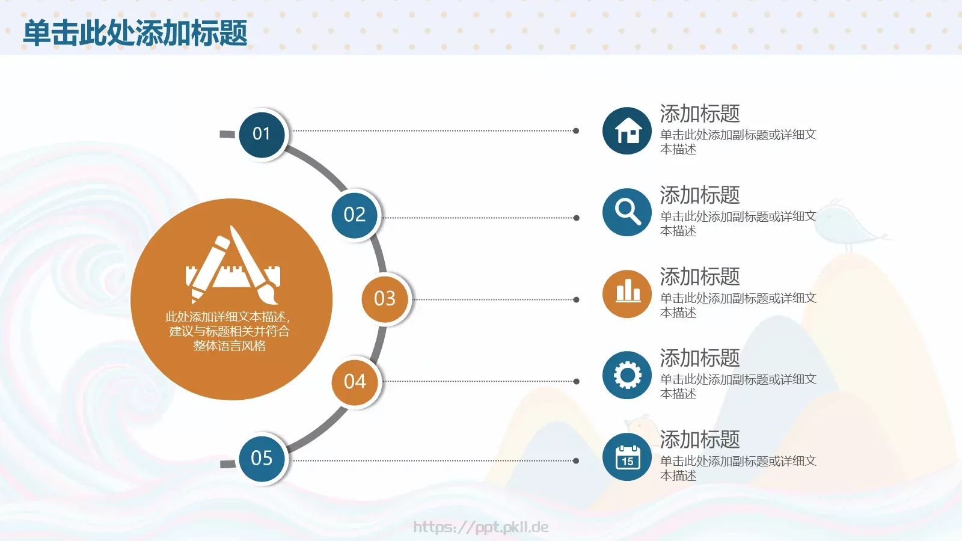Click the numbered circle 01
coord(262,133)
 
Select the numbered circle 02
coord(355,215)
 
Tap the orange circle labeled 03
coord(385,298)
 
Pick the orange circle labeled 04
coord(355,381)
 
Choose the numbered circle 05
coord(262,458)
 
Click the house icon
coord(627,131)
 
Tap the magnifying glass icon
coord(627,212)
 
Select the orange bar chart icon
coord(627,294)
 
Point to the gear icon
coord(627,375)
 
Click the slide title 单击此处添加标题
coord(135,32)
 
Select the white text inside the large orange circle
coord(229,331)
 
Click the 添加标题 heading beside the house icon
coord(700,114)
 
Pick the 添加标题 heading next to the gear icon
coord(700,358)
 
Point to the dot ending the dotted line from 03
coord(576,299)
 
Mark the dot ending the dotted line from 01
coord(576,130)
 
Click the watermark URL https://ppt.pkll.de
coord(481,527)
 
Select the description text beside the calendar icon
coord(738,468)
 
